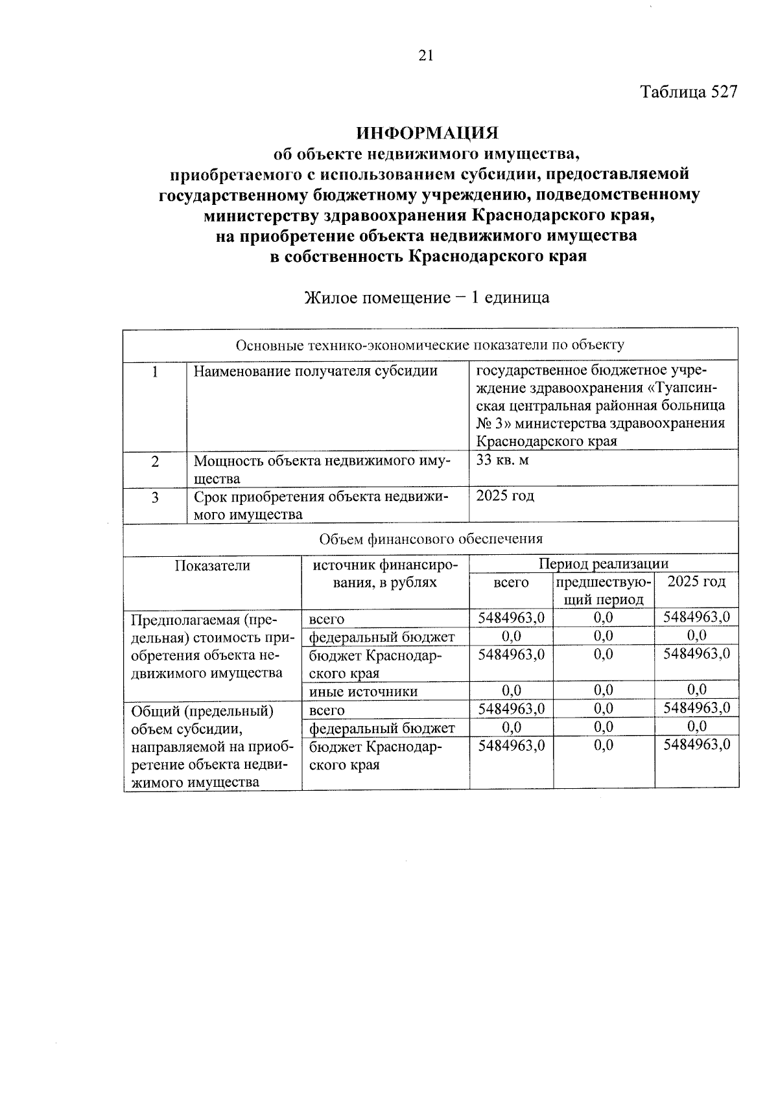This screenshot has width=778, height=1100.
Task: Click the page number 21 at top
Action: [425, 56]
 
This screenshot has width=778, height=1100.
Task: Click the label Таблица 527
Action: [689, 92]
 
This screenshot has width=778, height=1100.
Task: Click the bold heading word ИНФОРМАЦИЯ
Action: [428, 133]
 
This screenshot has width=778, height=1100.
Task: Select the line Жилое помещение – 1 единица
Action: [427, 298]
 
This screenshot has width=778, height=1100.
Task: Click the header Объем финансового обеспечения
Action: [431, 539]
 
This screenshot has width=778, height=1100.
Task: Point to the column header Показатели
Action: [212, 566]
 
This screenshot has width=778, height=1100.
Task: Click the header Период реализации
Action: [603, 563]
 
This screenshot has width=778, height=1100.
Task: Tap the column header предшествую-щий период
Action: [603, 591]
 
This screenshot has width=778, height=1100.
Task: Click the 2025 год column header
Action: [696, 581]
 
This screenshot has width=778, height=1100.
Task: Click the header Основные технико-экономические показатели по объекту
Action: [430, 345]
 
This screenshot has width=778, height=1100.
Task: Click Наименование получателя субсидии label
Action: [316, 371]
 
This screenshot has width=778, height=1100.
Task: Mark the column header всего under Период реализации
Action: [511, 583]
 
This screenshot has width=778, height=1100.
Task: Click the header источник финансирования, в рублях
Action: [385, 574]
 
